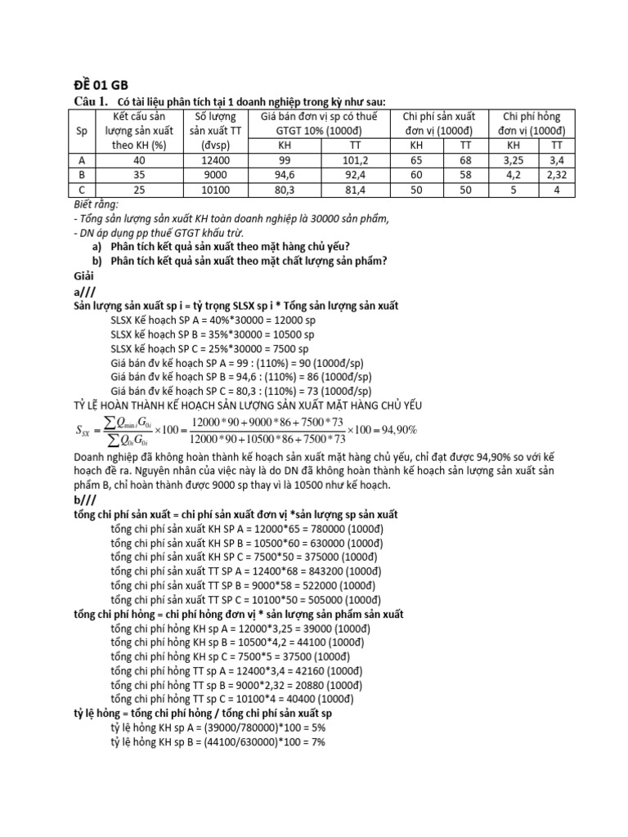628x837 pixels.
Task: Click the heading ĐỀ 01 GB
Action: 96,84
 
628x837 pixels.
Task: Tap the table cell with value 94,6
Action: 285,175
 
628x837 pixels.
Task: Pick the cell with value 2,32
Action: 553,175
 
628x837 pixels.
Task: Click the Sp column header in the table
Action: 82,131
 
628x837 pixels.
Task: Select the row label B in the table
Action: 82,175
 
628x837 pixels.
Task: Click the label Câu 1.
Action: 91,101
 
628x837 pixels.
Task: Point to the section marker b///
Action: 87,499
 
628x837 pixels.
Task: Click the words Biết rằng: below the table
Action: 96,204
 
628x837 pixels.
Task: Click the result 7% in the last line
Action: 317,741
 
